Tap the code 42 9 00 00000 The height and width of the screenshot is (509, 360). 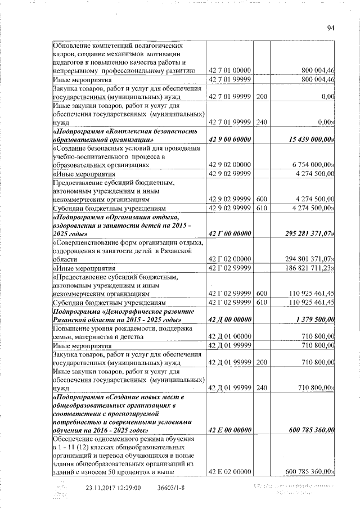[229, 138]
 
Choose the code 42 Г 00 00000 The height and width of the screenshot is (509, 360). [229, 233]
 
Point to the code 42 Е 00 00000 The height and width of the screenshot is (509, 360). [229, 430]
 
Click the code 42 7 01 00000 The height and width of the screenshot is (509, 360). [229, 70]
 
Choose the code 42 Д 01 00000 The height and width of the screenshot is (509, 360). [229, 336]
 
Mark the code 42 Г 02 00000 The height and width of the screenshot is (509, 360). [229, 259]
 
